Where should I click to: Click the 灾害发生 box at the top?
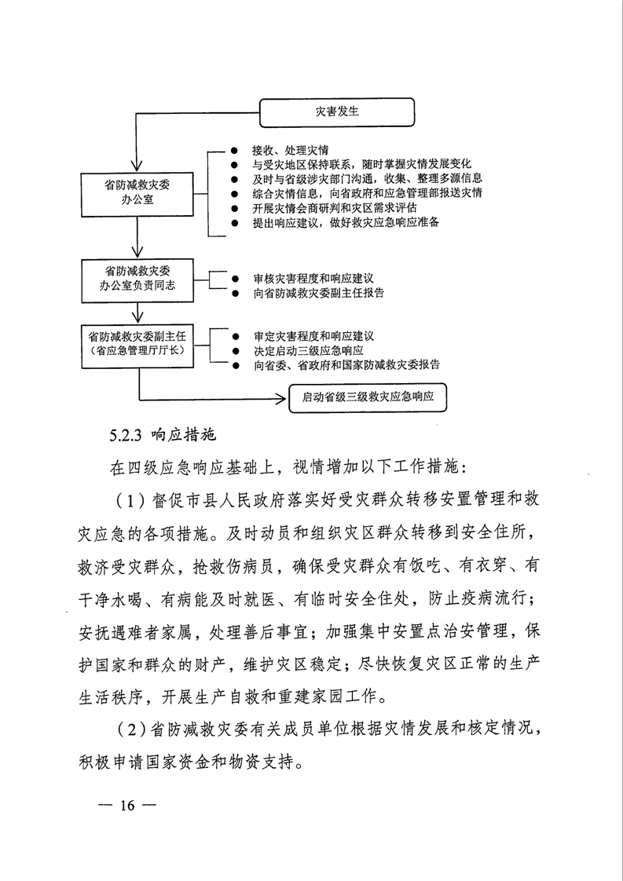(337, 111)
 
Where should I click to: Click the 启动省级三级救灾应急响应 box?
(368, 397)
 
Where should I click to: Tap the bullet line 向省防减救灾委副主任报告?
(319, 293)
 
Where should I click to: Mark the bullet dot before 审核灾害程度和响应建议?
(234, 279)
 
